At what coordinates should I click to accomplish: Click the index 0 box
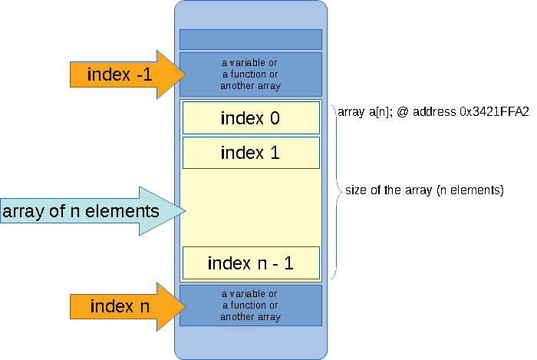click(250, 118)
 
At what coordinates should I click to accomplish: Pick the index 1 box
click(250, 153)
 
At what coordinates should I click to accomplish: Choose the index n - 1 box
click(250, 263)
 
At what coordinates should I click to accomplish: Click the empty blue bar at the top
click(250, 39)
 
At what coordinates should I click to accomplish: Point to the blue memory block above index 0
click(250, 74)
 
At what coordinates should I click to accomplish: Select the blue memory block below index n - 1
click(250, 306)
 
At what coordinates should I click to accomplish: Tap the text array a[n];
click(365, 111)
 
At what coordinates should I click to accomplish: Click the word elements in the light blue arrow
click(125, 210)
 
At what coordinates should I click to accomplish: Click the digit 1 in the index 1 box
click(274, 153)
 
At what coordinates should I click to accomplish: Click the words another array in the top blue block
click(250, 86)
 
